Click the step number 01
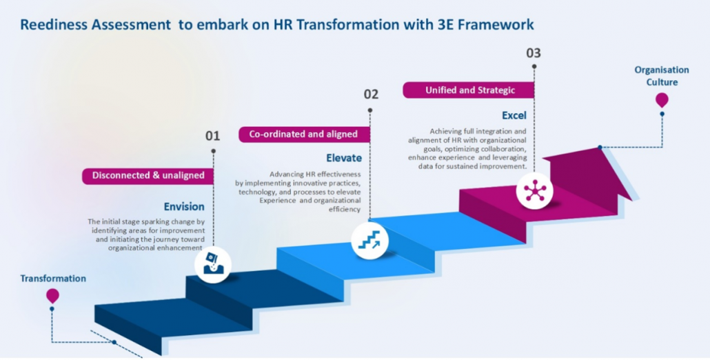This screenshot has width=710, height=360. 213,136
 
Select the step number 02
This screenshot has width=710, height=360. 371,94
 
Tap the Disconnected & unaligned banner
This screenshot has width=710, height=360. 148,175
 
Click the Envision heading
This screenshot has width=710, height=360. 184,206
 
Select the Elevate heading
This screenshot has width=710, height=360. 344,158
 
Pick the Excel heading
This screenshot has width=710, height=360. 514,115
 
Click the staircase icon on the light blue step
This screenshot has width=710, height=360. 370,240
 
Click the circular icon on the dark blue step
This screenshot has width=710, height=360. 212,265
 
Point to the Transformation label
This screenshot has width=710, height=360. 53,279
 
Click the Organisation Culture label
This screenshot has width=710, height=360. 661,76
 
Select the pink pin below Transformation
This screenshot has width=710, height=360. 52,296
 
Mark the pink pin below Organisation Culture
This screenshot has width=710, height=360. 662,100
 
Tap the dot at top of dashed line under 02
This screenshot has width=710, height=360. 370,110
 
